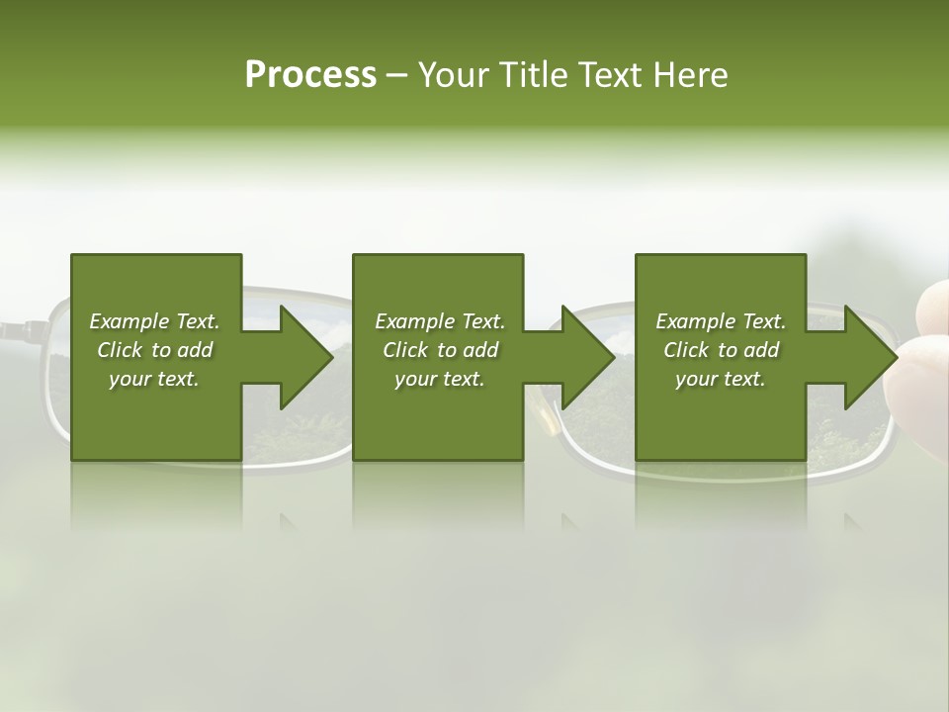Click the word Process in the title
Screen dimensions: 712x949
coord(310,75)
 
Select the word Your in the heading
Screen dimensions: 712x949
coord(455,75)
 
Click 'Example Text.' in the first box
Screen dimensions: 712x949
coord(154,321)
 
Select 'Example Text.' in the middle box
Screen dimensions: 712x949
coord(440,321)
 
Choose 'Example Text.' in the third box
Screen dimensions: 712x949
coord(721,321)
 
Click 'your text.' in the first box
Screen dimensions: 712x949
coord(154,379)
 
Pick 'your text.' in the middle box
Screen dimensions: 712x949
coord(440,379)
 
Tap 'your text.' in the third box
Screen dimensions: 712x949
coord(721,379)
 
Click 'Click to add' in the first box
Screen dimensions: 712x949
coord(154,350)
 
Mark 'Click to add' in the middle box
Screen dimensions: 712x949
coord(440,350)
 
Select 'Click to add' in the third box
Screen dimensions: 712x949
coord(721,350)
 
